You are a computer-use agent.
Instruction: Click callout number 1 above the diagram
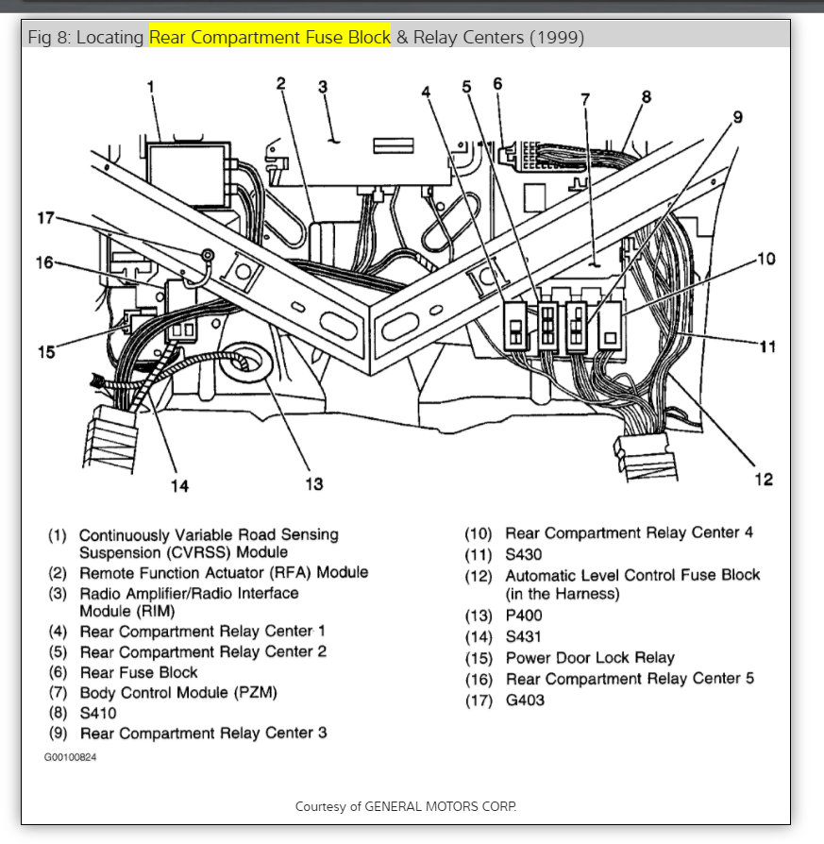150,88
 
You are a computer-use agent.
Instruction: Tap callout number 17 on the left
45,219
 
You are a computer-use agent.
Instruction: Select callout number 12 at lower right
765,480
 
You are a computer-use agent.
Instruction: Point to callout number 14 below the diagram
179,486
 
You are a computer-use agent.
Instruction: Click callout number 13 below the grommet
313,483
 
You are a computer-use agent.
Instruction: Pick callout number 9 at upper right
737,117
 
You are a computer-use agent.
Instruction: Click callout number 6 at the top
497,84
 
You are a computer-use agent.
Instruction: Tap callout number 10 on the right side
766,259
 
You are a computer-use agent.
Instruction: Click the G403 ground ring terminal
203,256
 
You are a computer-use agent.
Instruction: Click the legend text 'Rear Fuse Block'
139,672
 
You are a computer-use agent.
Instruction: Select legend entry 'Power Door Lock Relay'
590,658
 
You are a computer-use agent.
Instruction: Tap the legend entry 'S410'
98,713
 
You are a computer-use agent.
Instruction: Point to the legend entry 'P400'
524,616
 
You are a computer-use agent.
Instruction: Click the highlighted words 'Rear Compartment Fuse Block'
269,38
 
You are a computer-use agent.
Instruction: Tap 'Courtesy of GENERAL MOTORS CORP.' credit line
406,806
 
